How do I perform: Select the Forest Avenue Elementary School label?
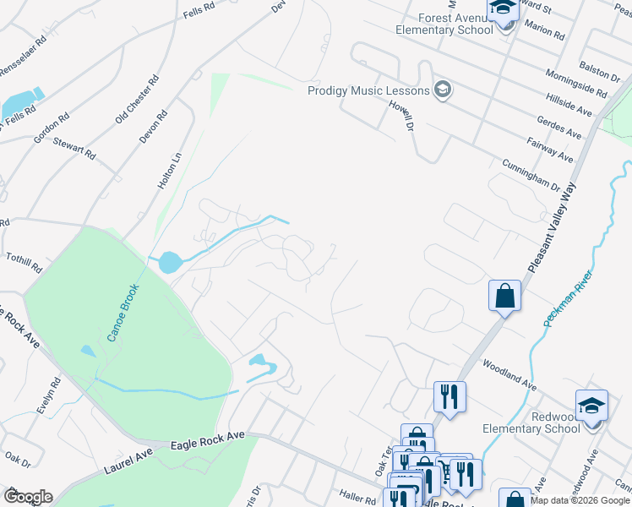(x=444, y=24)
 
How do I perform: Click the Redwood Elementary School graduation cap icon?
(x=591, y=404)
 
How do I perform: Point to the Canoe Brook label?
(x=123, y=313)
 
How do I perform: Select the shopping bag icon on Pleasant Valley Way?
(x=504, y=296)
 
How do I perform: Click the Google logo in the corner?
(x=28, y=497)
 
